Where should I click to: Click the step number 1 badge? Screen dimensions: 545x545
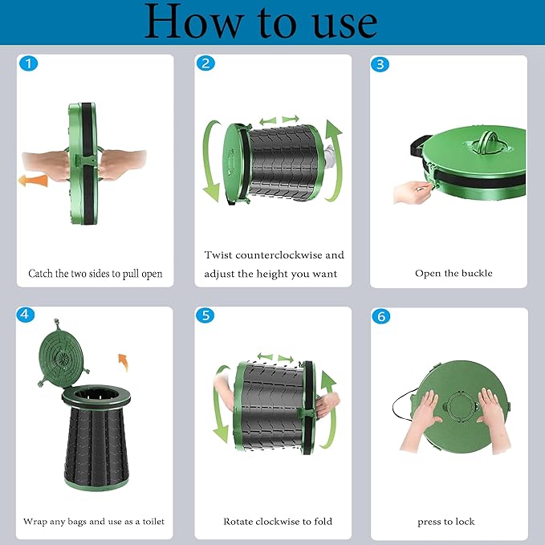tap(29, 63)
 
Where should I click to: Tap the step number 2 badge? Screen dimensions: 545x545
tap(205, 63)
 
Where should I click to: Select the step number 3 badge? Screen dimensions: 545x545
tap(380, 64)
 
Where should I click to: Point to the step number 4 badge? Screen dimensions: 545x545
tap(26, 315)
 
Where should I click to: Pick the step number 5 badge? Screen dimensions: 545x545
tap(205, 315)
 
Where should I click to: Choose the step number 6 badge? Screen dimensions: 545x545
tap(381, 316)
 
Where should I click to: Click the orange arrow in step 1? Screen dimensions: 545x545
tap(33, 181)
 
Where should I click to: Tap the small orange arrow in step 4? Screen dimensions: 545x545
tap(124, 362)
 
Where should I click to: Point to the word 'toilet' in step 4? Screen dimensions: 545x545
tap(153, 522)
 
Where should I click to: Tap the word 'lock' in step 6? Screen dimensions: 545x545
tap(465, 522)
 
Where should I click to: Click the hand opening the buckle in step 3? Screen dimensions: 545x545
tap(413, 192)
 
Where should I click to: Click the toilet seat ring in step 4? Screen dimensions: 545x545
tap(96, 397)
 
